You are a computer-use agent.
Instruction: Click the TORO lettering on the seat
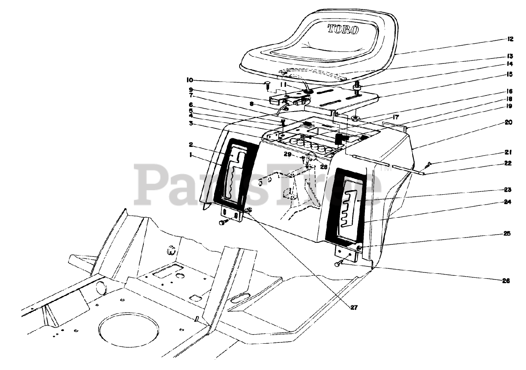[343, 30]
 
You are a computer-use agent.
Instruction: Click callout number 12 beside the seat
[510, 39]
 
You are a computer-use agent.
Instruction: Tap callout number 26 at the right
[505, 281]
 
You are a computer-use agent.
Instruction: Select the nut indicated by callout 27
[248, 210]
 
